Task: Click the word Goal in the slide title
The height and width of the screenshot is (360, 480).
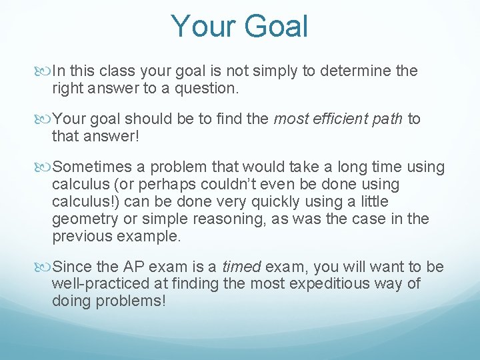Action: point(277,27)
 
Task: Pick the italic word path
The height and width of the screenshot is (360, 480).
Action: point(387,119)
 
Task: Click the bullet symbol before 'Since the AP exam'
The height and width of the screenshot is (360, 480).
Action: point(44,267)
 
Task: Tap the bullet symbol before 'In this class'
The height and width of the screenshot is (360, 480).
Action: point(44,71)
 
